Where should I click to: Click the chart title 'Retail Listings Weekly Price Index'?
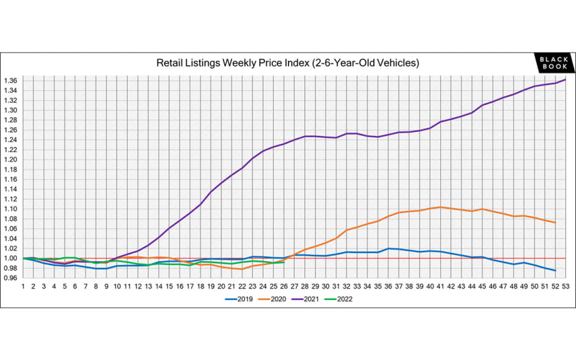287,63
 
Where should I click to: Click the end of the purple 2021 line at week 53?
565,80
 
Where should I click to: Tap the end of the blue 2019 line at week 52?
555,270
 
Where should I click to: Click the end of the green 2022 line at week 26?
284,262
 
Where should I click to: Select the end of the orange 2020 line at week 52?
555,222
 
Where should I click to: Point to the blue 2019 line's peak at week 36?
388,249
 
